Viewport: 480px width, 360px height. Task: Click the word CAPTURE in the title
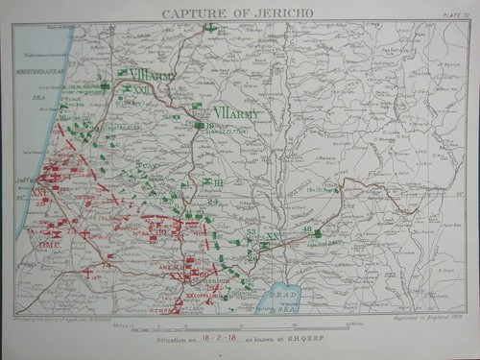click(199, 12)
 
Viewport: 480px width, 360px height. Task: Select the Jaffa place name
click(24, 179)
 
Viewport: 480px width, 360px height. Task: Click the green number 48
click(307, 228)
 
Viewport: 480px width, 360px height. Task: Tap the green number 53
click(251, 232)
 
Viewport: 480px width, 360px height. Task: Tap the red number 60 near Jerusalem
click(204, 276)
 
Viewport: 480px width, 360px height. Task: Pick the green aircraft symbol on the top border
click(208, 27)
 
